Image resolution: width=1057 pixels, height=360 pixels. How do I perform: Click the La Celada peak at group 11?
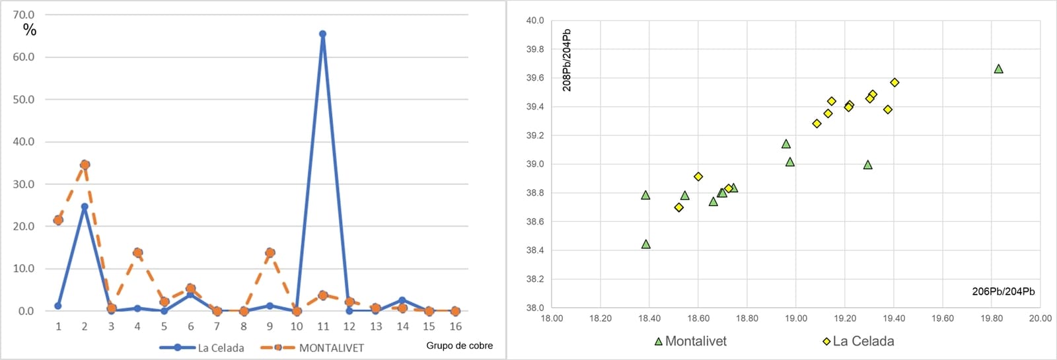click(322, 34)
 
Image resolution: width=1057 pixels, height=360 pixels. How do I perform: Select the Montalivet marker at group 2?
click(85, 164)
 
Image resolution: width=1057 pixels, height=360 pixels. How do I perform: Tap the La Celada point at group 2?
click(85, 207)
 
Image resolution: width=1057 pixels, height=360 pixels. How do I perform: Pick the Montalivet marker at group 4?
click(137, 252)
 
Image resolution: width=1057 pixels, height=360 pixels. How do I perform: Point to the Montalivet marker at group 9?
click(270, 252)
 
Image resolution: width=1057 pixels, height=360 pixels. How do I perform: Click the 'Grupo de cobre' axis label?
click(459, 345)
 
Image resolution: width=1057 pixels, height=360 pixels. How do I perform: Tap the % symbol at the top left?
click(30, 30)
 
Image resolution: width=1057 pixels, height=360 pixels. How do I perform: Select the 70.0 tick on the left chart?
click(24, 15)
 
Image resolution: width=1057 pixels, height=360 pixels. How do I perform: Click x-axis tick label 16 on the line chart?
click(455, 326)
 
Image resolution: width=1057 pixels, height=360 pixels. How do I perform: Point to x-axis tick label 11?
click(322, 326)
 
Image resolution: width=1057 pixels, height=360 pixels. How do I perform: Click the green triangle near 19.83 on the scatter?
click(998, 69)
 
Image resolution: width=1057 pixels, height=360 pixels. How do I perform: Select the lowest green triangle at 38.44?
click(646, 244)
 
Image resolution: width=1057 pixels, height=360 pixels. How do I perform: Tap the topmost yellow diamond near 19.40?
click(894, 83)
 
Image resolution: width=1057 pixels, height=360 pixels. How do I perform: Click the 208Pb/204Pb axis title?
click(567, 60)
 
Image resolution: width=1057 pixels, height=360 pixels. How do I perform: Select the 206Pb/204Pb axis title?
click(1003, 291)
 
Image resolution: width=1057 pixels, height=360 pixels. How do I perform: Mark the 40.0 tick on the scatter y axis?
click(535, 20)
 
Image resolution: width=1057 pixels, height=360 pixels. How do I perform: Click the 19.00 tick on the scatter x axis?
click(796, 318)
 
